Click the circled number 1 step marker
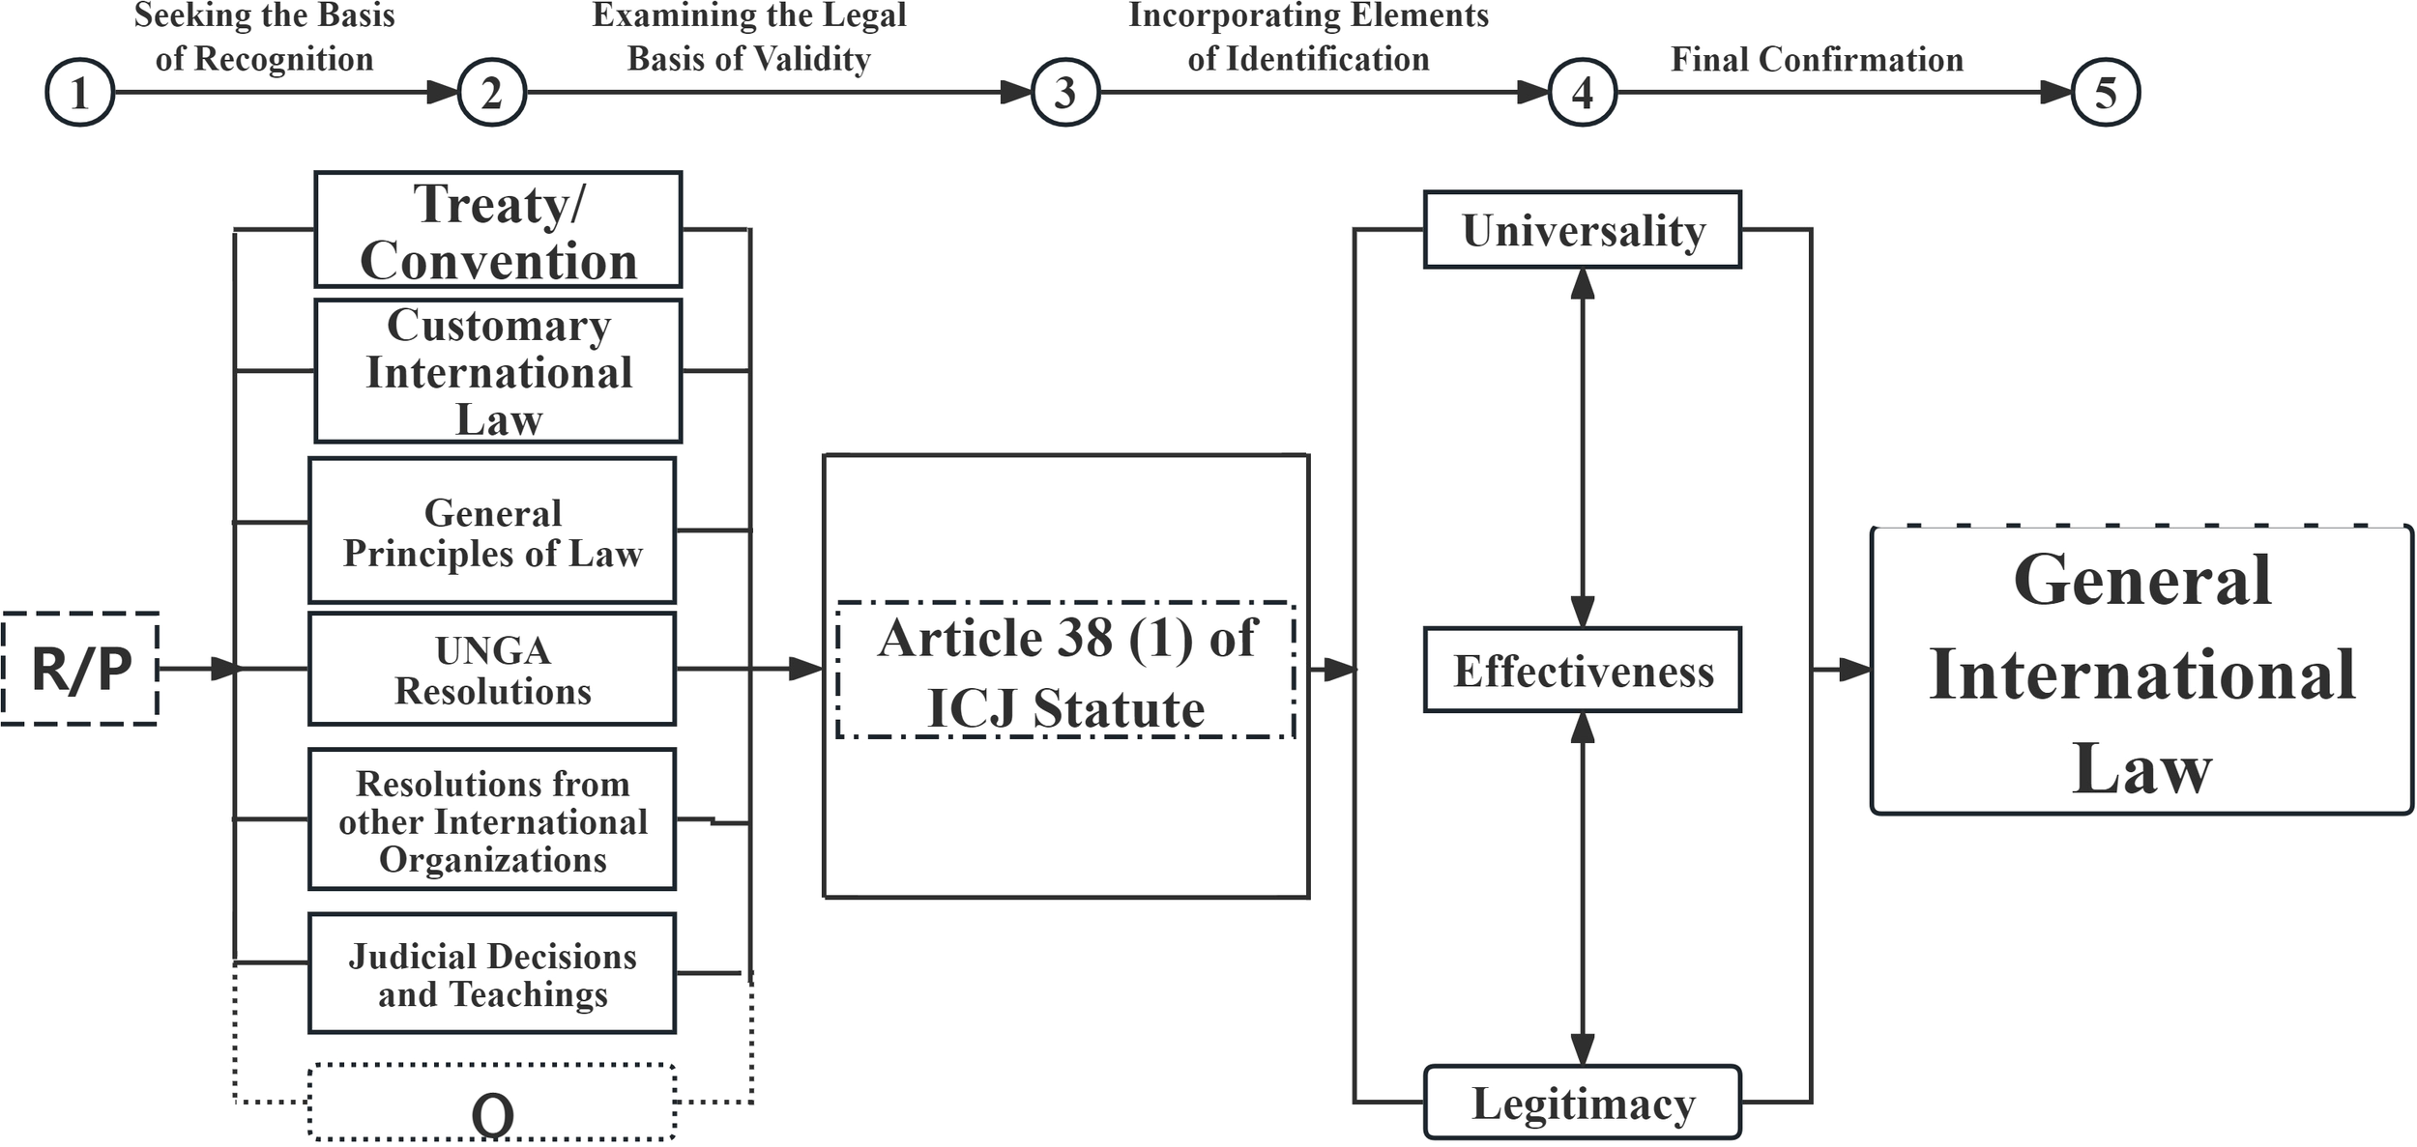[x=80, y=93]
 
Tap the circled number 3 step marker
[x=1065, y=93]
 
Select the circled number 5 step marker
[x=2105, y=93]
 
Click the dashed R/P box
[x=80, y=669]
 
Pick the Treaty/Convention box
[x=498, y=230]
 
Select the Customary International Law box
[x=498, y=371]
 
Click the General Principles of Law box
[x=492, y=530]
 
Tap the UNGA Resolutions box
[x=492, y=669]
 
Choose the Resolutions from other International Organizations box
[x=492, y=819]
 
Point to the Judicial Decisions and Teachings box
[x=492, y=973]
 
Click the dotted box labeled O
[x=492, y=1104]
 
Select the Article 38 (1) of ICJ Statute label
[x=1065, y=672]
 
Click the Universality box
[x=1583, y=230]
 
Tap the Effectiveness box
[x=1583, y=671]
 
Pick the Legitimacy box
[x=1583, y=1103]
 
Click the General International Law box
[x=2141, y=672]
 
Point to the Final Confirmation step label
[x=1817, y=59]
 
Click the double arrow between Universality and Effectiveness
[x=1583, y=447]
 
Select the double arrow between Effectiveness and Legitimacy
[x=1583, y=889]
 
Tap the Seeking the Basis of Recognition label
[x=264, y=37]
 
